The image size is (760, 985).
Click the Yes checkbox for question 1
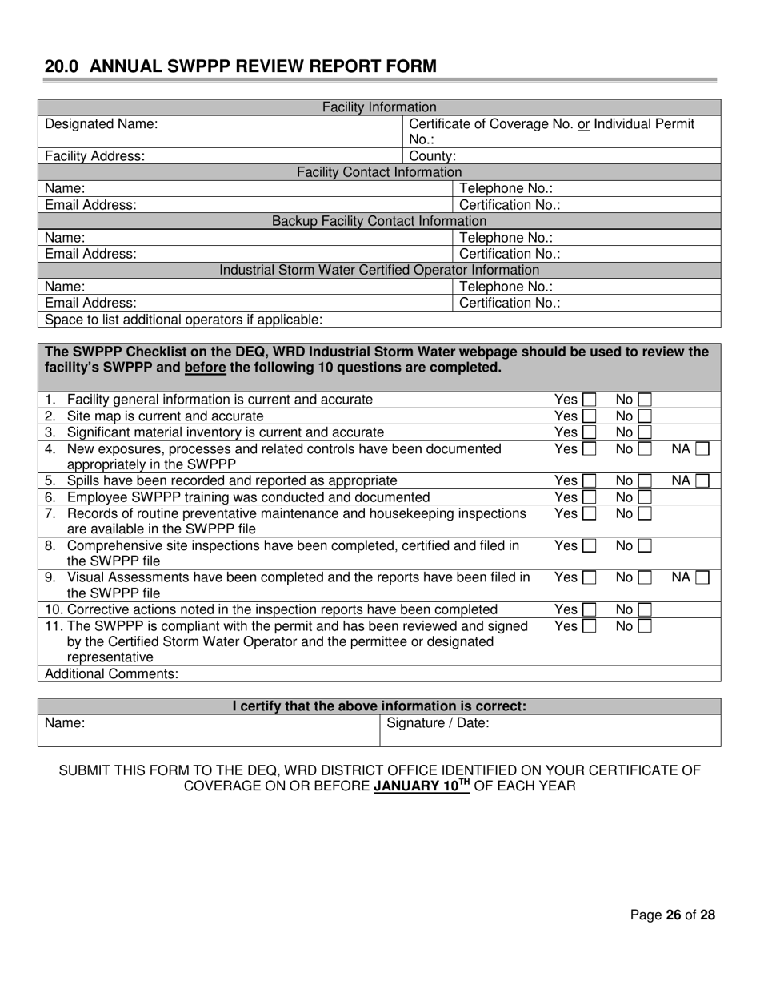coord(589,400)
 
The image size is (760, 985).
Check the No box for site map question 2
coord(645,416)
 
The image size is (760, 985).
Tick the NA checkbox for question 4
coord(702,449)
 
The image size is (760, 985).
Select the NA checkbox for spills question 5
coord(702,481)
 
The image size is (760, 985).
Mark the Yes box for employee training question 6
coord(589,497)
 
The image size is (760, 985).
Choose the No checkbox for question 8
coord(645,546)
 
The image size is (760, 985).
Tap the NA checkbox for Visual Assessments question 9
coord(702,578)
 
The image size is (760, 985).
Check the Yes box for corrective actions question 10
coord(589,610)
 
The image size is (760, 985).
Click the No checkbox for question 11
coord(645,626)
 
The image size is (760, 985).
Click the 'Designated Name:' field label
coord(101,124)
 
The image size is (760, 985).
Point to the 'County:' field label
coord(432,156)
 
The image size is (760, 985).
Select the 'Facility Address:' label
coord(94,156)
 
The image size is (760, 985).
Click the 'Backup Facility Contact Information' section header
coord(379,221)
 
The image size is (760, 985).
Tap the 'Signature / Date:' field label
coord(438,723)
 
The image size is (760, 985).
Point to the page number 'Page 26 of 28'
coord(672,915)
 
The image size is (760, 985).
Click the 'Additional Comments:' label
coord(111,673)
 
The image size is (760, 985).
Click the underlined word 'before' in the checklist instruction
coord(205,368)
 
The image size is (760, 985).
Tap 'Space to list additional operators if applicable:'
coord(184,320)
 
